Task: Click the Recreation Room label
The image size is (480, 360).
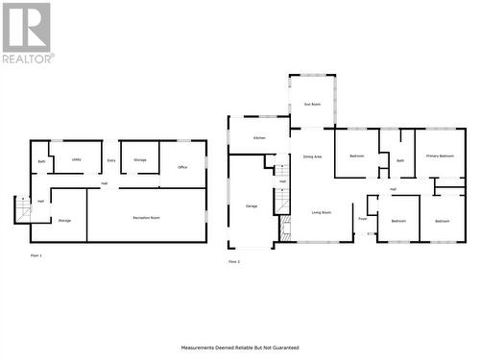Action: (x=147, y=219)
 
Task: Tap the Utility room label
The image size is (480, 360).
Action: (x=77, y=159)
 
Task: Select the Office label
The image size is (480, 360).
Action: (x=182, y=167)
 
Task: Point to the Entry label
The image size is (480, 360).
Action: (x=111, y=159)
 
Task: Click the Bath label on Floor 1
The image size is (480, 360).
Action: (x=42, y=161)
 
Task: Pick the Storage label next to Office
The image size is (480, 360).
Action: (x=140, y=159)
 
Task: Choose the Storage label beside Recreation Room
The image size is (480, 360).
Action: (x=64, y=221)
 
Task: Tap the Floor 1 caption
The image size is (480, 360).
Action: (x=36, y=256)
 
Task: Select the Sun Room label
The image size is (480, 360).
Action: (x=311, y=103)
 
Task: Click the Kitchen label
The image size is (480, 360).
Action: (x=259, y=138)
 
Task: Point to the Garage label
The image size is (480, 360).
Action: (x=252, y=205)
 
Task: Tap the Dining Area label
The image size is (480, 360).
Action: (x=312, y=156)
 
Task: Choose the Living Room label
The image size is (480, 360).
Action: (x=321, y=212)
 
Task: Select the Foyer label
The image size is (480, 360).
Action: (x=363, y=219)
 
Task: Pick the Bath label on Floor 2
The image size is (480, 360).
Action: (x=400, y=160)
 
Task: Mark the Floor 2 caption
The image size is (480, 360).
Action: (x=233, y=261)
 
